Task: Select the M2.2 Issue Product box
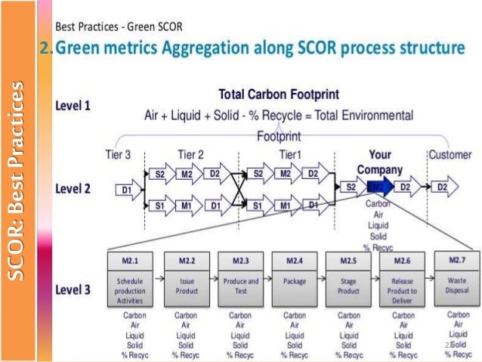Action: point(187,278)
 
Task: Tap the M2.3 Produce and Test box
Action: point(240,278)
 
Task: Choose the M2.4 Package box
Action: point(295,278)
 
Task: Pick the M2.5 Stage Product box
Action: point(348,278)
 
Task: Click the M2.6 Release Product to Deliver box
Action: point(403,278)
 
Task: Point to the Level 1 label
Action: point(73,106)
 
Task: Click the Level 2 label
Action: point(73,188)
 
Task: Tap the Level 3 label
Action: point(73,289)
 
